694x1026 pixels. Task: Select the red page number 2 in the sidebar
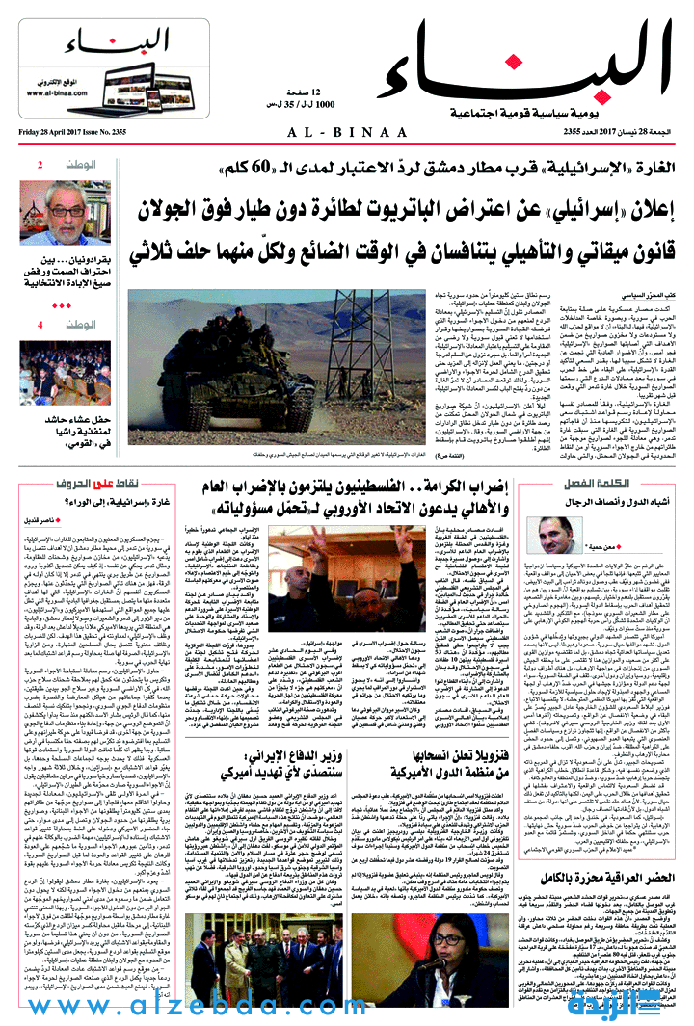[x=40, y=166]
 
